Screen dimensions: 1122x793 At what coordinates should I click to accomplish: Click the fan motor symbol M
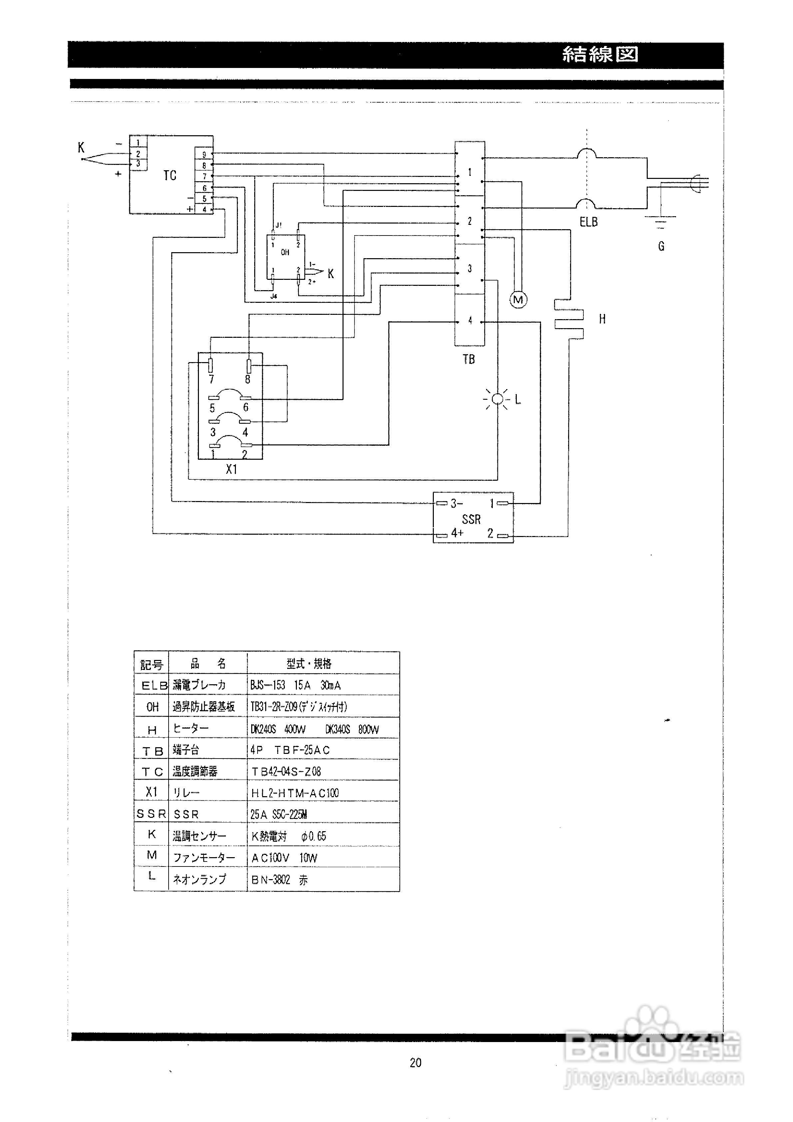(x=518, y=299)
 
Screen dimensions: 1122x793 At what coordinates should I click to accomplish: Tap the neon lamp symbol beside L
(x=497, y=399)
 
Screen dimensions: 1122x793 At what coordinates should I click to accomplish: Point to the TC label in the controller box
(x=170, y=176)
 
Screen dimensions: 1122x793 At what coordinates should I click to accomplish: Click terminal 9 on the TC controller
(x=204, y=155)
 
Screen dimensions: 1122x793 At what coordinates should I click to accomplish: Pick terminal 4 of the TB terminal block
(x=470, y=320)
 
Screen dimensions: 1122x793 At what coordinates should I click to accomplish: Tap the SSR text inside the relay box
(x=471, y=519)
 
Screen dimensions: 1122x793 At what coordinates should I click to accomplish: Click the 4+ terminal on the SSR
(x=456, y=533)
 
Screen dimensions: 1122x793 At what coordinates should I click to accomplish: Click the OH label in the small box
(x=285, y=252)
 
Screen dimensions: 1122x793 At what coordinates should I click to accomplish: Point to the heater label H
(x=602, y=319)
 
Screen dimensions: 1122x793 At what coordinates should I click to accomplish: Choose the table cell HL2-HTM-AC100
(x=295, y=793)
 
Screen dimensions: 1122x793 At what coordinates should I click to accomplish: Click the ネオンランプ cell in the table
(x=200, y=879)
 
